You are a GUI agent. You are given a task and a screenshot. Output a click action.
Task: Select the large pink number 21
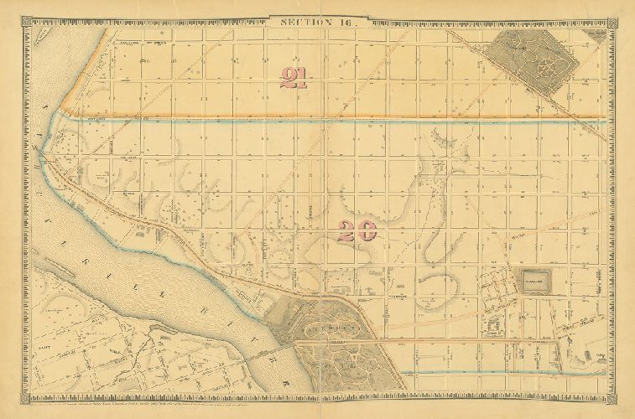(x=295, y=77)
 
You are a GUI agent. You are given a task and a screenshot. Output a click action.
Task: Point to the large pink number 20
(x=356, y=231)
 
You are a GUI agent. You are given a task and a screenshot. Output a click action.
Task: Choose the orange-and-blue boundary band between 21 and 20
(x=336, y=118)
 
